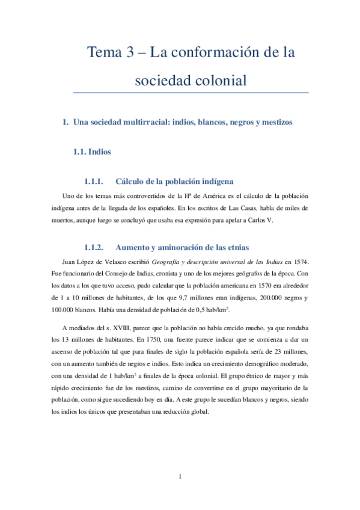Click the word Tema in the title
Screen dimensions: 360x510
click(x=104, y=53)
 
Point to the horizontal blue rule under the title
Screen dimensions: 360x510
click(x=191, y=93)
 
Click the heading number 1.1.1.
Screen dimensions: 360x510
click(x=94, y=181)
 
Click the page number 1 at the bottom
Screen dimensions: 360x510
click(x=180, y=477)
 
